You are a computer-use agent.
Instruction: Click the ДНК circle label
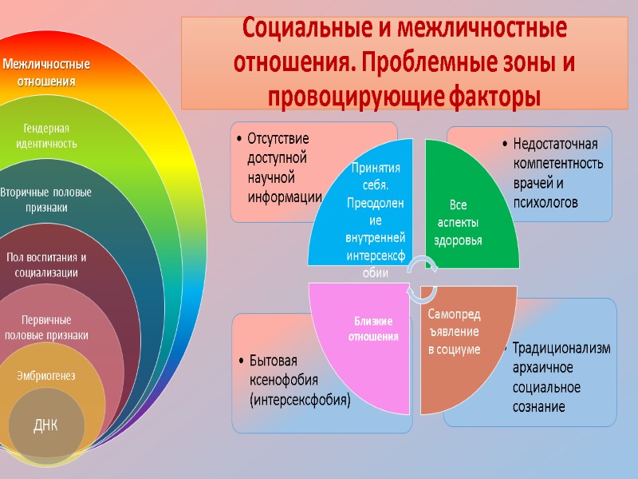coord(45,425)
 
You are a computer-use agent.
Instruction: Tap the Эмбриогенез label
coord(45,375)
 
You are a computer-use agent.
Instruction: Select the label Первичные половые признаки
coord(45,327)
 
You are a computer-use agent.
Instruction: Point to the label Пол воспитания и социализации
coord(45,265)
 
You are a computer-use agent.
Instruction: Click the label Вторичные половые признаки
coord(45,200)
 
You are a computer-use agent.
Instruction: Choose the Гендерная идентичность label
coord(45,137)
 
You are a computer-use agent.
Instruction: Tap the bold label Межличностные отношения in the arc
coord(45,72)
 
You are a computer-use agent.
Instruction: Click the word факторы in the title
coord(494,97)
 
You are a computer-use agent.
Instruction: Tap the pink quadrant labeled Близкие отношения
coord(372,329)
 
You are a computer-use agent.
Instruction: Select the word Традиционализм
coord(561,349)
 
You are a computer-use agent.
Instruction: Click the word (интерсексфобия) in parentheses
coord(300,399)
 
